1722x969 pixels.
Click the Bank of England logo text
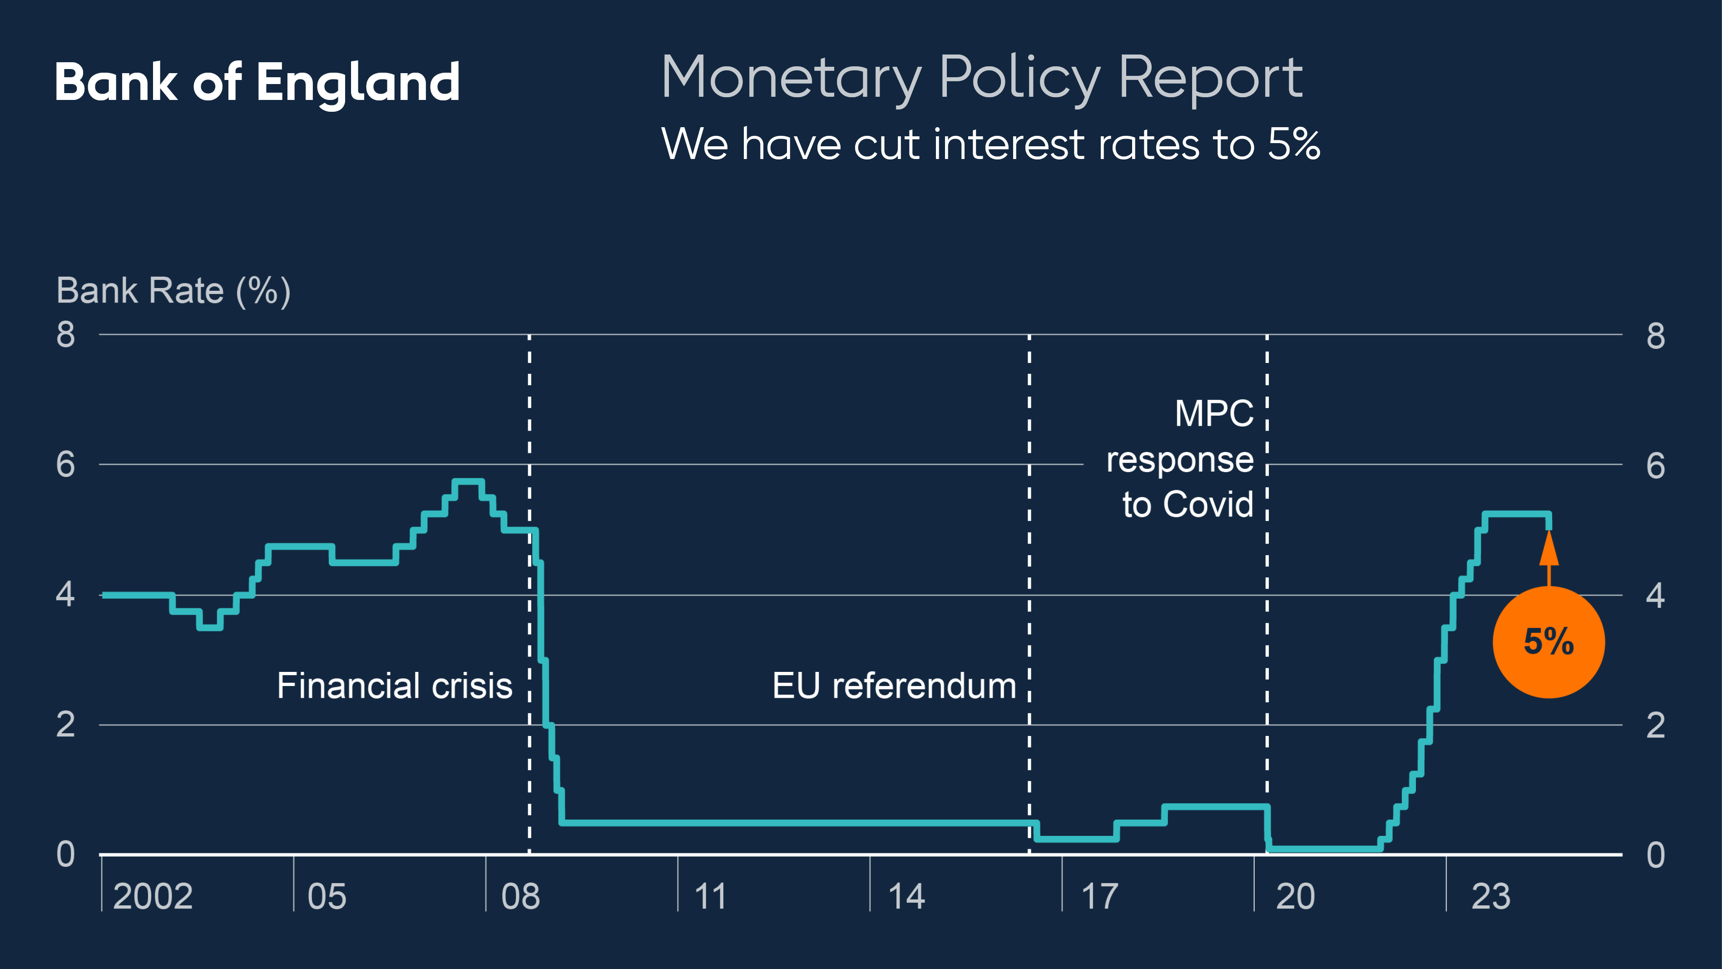(257, 82)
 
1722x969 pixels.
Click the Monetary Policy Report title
(981, 78)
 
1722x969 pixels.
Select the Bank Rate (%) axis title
(173, 291)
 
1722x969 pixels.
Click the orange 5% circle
(1548, 642)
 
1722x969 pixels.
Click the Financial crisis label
(395, 686)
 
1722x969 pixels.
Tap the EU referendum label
(894, 686)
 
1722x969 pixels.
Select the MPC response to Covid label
(1181, 459)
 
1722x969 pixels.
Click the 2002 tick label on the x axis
(153, 897)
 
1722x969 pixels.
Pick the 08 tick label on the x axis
(521, 897)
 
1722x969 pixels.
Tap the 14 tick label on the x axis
(906, 897)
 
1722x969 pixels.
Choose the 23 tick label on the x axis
(1490, 897)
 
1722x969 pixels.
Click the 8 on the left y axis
(65, 334)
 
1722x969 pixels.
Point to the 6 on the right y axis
(1655, 466)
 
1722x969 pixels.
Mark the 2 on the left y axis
(65, 725)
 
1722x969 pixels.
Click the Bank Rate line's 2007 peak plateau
(468, 482)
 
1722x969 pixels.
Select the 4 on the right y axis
(1655, 595)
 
